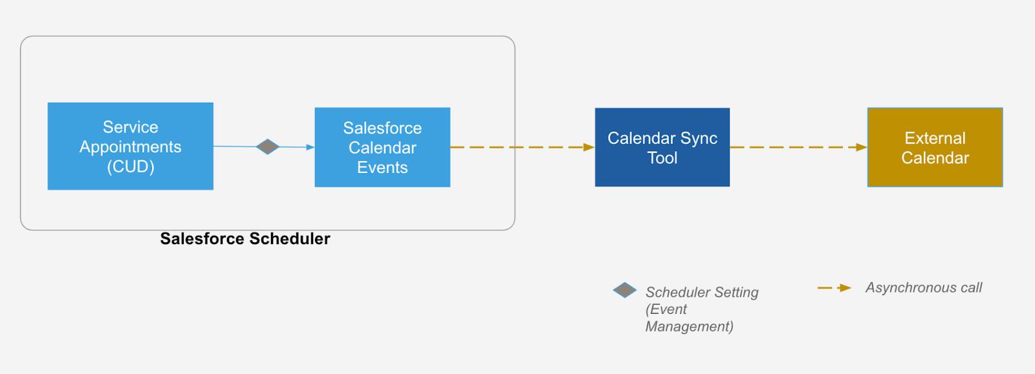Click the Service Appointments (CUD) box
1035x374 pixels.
pyautogui.click(x=130, y=146)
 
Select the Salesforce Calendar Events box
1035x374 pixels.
pyautogui.click(x=382, y=147)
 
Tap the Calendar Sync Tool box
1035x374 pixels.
pyautogui.click(x=662, y=147)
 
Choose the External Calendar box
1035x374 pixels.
pyautogui.click(x=935, y=147)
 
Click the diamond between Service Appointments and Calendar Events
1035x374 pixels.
pyautogui.click(x=267, y=147)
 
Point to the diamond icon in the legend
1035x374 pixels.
pyautogui.click(x=624, y=290)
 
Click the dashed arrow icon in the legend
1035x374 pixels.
pyautogui.click(x=834, y=288)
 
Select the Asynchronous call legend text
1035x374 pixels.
pyautogui.click(x=923, y=287)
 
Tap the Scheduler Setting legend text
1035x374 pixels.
pyautogui.click(x=702, y=293)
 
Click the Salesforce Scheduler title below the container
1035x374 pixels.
pyautogui.click(x=245, y=239)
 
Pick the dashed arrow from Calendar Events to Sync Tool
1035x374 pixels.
pyautogui.click(x=517, y=147)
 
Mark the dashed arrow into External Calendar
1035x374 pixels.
pyautogui.click(x=796, y=147)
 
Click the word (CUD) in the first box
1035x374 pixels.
pyautogui.click(x=131, y=167)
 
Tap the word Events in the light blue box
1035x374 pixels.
pyautogui.click(x=382, y=168)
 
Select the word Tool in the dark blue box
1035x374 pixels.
pyautogui.click(x=662, y=158)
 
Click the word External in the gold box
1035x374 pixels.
pyautogui.click(x=935, y=138)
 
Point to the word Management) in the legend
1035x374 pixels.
pyautogui.click(x=689, y=327)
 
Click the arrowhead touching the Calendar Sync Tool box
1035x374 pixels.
pyautogui.click(x=589, y=147)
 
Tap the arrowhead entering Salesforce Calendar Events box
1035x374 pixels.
pyautogui.click(x=310, y=147)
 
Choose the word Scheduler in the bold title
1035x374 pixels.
pyautogui.click(x=290, y=239)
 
